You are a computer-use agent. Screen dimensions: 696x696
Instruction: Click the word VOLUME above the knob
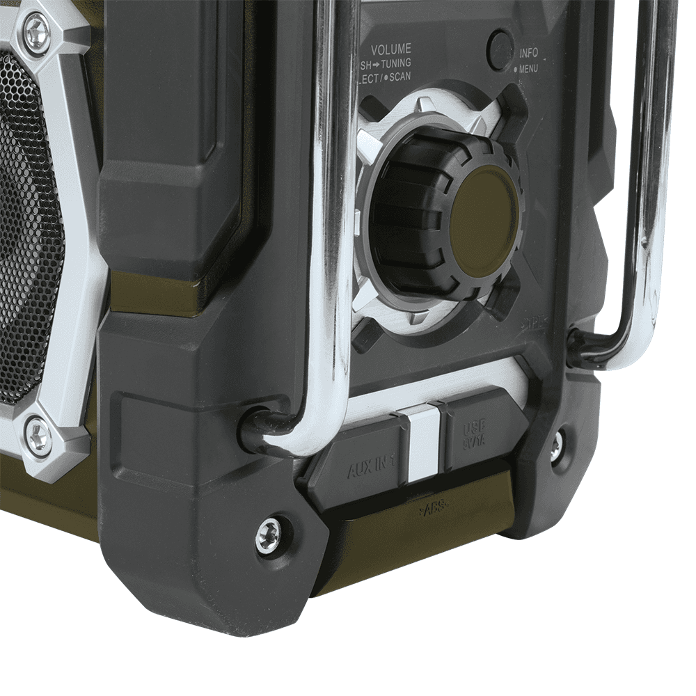click(x=390, y=49)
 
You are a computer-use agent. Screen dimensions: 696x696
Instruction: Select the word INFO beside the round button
click(x=529, y=53)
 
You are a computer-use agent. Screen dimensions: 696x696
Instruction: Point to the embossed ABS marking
click(x=432, y=510)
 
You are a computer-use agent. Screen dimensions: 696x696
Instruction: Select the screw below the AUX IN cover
click(x=267, y=535)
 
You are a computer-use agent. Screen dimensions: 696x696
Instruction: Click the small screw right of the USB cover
click(x=556, y=445)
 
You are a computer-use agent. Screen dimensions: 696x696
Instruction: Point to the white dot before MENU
click(x=515, y=70)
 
